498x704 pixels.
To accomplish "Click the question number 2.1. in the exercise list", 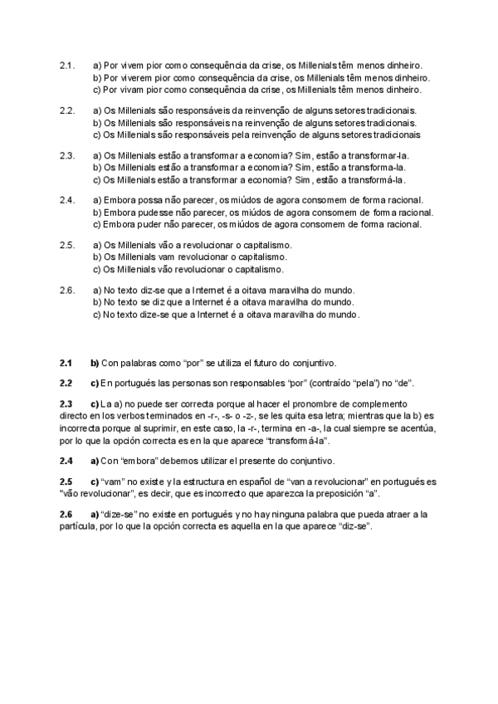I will point(67,65).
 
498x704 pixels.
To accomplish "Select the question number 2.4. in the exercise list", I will point(67,200).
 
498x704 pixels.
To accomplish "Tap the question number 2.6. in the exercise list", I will point(67,291).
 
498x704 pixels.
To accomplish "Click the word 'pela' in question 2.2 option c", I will point(232,134).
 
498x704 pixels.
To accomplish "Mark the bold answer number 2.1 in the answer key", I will point(66,364).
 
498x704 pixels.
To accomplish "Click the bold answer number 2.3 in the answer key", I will point(66,403).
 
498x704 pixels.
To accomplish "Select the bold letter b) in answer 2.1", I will point(95,364).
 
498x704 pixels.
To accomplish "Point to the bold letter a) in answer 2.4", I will point(95,461).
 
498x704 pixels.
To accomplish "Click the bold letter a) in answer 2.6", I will point(95,515).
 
